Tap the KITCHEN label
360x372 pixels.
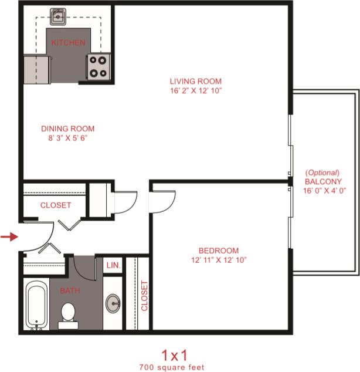(x=68, y=43)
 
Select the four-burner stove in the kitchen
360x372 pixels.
(x=98, y=66)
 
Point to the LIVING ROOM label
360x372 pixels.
(x=196, y=81)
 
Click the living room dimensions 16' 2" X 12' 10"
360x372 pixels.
(x=196, y=90)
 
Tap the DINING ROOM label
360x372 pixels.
(x=67, y=129)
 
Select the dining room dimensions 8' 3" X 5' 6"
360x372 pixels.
(x=67, y=138)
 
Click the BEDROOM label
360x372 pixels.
(x=219, y=251)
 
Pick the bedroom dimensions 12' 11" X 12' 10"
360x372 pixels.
(x=219, y=260)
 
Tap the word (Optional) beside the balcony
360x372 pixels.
(x=322, y=173)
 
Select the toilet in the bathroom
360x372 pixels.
(x=69, y=313)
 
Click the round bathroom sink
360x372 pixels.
(x=113, y=303)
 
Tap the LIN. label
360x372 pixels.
(x=113, y=266)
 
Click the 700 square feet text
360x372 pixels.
(x=172, y=367)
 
